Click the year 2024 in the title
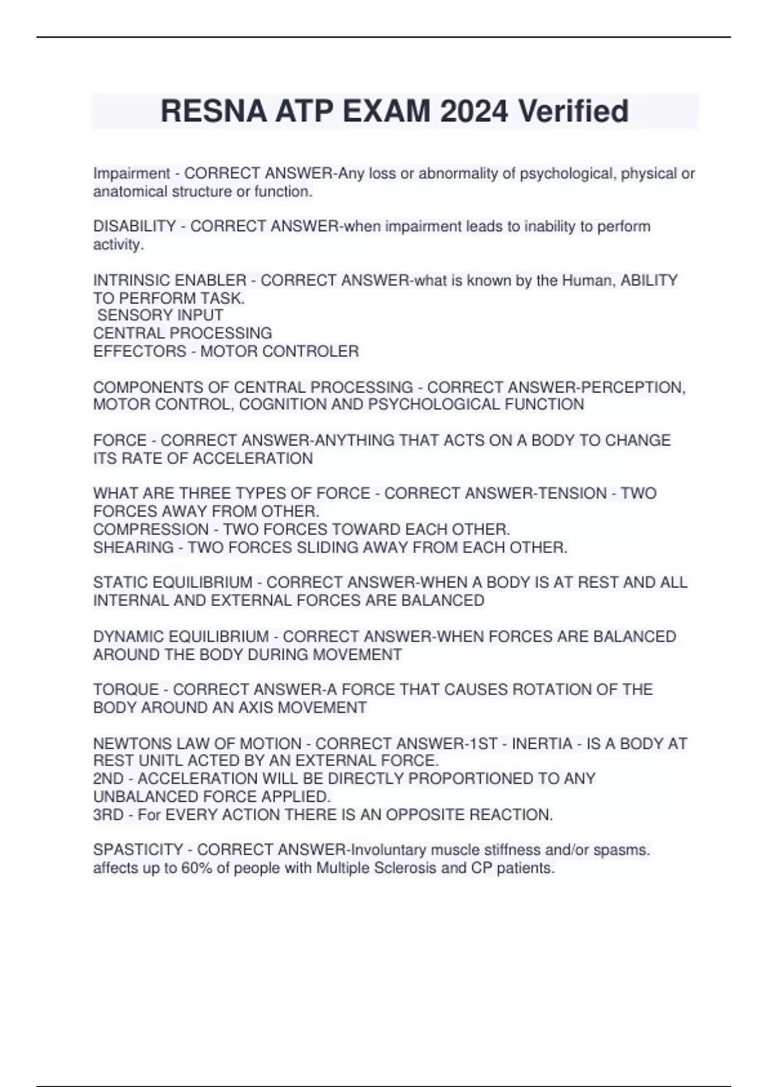point(474,111)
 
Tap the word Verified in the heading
point(573,111)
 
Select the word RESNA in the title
point(213,111)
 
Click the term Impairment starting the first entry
point(131,173)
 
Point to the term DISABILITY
point(134,226)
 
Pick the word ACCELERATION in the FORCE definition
point(253,458)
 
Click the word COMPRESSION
point(151,529)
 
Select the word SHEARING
point(133,547)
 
